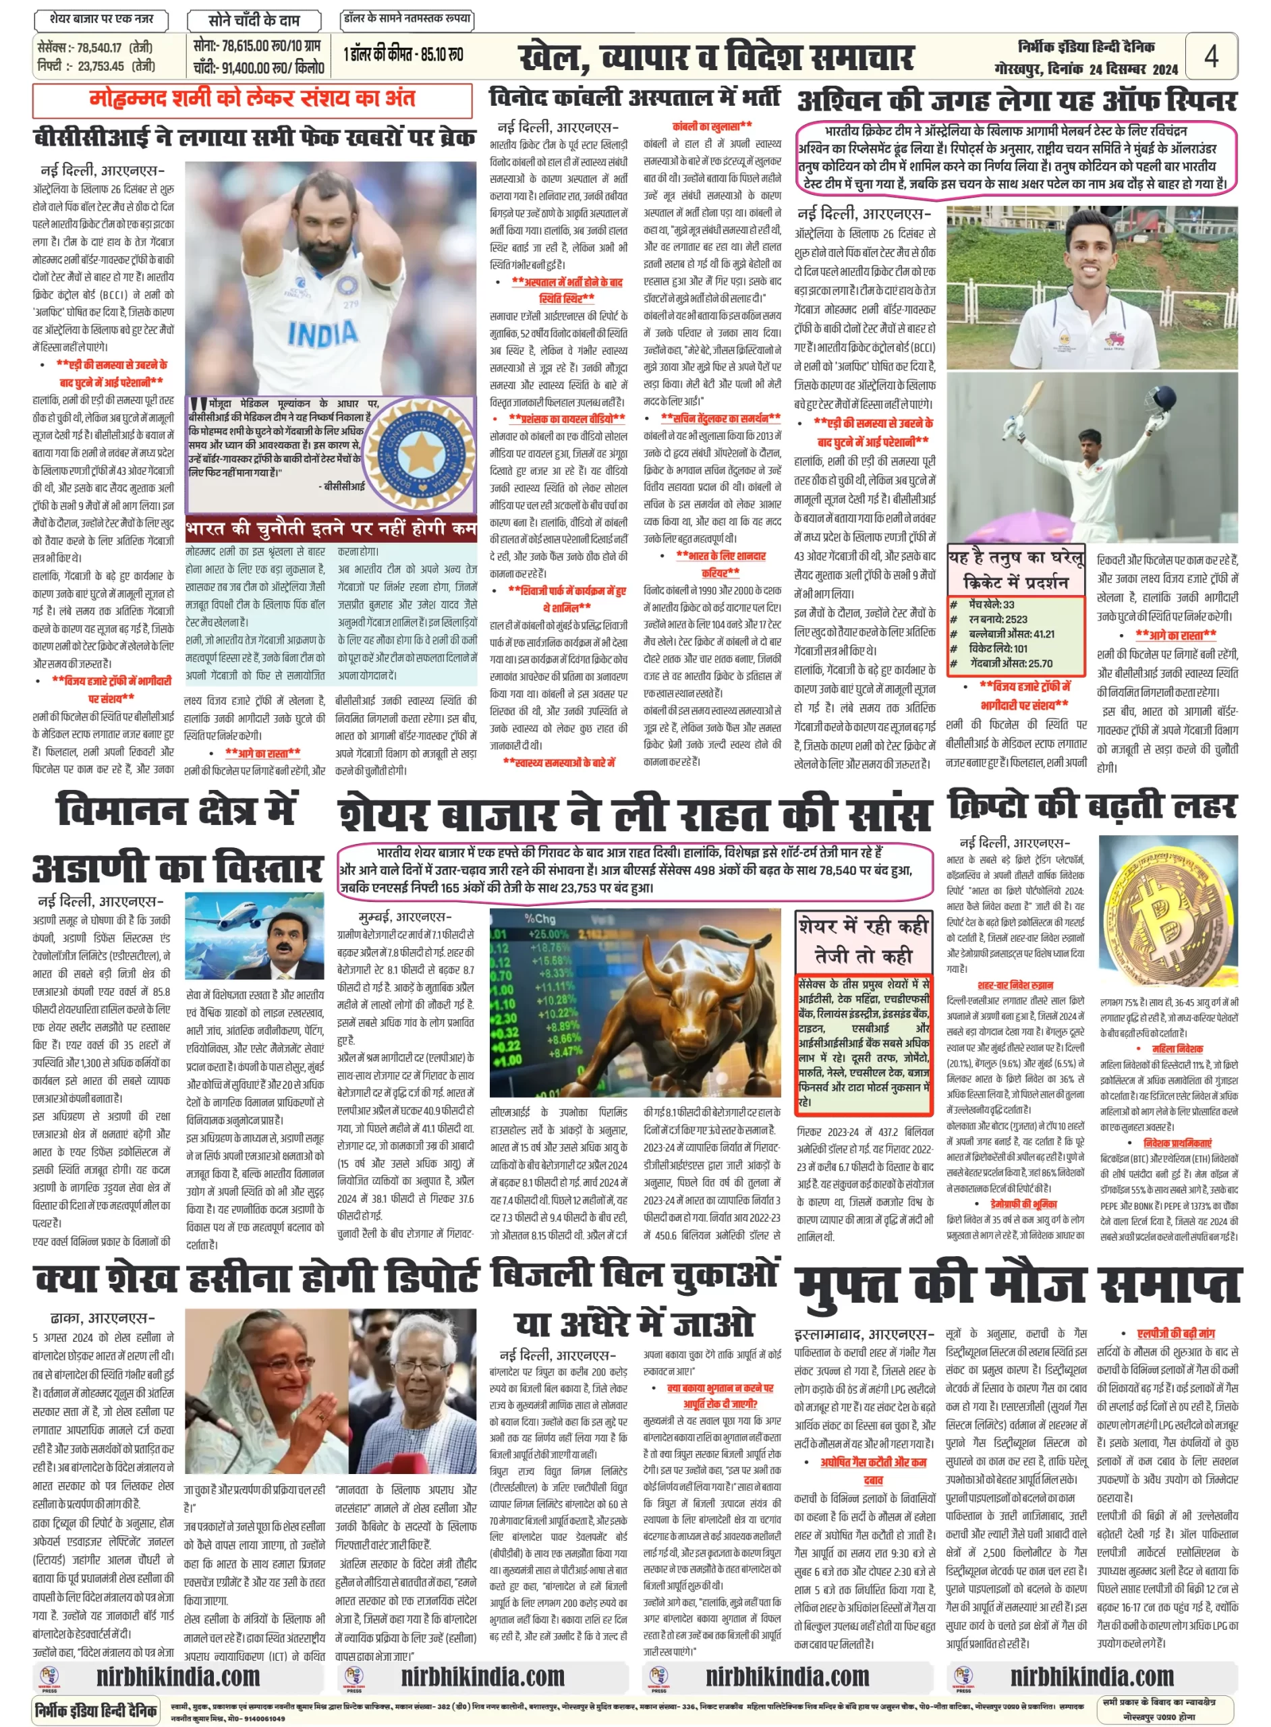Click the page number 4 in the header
click(x=1210, y=55)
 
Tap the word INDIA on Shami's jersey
click(x=323, y=333)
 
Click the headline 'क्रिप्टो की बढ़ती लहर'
click(x=1092, y=806)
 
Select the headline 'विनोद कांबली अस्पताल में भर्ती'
click(x=634, y=98)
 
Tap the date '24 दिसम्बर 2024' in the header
click(x=1133, y=69)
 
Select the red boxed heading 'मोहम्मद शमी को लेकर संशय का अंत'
click(x=252, y=99)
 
